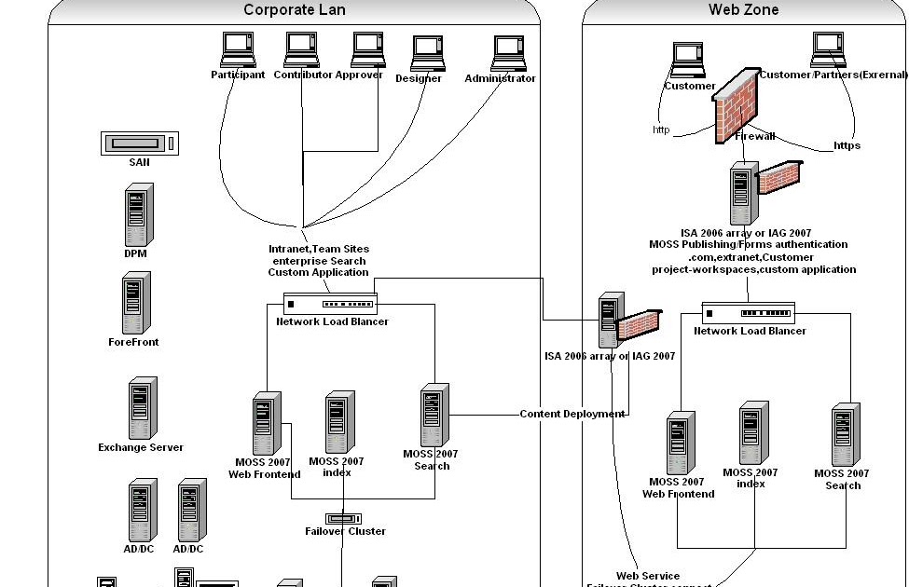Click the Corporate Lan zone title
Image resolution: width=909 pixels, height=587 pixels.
point(294,10)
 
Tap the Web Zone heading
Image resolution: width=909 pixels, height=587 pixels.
point(743,10)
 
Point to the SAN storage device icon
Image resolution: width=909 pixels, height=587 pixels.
point(139,143)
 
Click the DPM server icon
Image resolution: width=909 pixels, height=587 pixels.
point(138,215)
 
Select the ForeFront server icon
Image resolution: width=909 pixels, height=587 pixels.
point(135,304)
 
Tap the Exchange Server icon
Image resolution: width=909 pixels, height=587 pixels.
point(142,408)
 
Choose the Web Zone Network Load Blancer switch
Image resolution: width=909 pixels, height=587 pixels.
point(748,313)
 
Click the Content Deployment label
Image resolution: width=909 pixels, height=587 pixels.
point(572,414)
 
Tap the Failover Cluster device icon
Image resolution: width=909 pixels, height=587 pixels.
point(343,518)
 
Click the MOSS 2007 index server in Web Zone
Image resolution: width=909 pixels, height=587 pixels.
point(753,434)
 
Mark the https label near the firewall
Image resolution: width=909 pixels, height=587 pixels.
point(847,145)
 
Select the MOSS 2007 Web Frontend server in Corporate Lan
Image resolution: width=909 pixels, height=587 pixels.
point(267,424)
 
